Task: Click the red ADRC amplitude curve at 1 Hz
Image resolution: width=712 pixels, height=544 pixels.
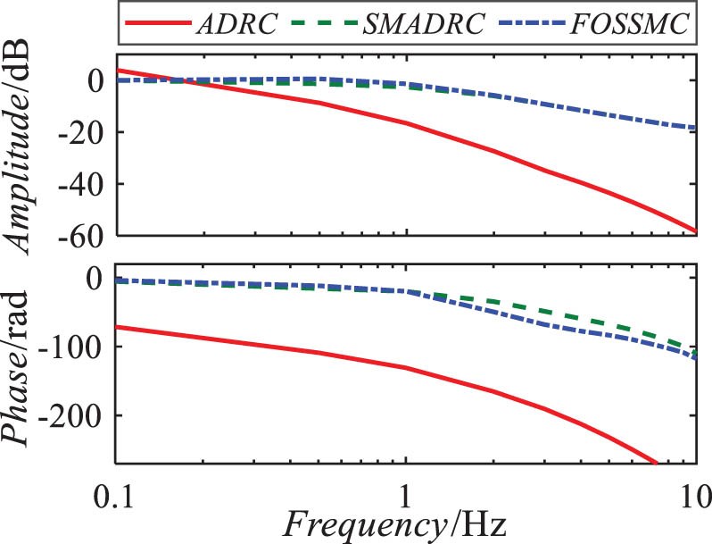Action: tap(406, 123)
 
